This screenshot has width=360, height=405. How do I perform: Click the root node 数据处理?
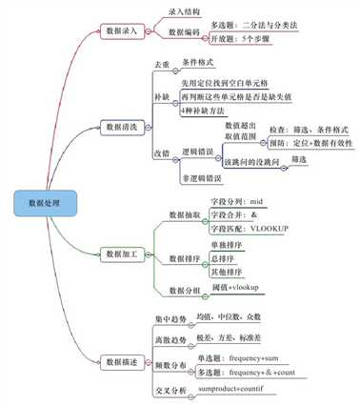tap(42, 202)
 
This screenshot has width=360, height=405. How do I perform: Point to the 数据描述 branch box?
tap(127, 361)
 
